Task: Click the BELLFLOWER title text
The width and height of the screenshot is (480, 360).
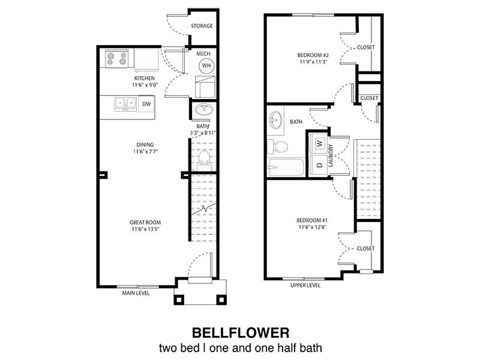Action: tap(240, 332)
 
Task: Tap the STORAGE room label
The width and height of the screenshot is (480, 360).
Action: tap(202, 26)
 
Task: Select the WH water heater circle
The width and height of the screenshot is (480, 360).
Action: tap(206, 65)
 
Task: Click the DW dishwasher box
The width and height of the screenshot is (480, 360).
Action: tap(146, 104)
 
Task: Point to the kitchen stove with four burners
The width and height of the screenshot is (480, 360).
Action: tap(117, 58)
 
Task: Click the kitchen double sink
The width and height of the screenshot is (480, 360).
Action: tap(125, 103)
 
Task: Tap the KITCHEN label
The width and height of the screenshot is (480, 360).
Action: tap(144, 79)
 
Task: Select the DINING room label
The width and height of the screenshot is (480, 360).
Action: tap(144, 145)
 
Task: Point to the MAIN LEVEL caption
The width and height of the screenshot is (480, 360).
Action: tap(136, 293)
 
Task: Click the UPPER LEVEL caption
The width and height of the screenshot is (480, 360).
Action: tap(305, 286)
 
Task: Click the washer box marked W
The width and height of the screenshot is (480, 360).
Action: tap(320, 143)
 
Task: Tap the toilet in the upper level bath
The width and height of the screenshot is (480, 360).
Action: tap(279, 146)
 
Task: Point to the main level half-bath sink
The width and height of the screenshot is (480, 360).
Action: tap(202, 110)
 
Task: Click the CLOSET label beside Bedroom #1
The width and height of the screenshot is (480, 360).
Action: tap(365, 248)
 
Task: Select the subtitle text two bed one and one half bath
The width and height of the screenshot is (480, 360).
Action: tap(240, 348)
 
